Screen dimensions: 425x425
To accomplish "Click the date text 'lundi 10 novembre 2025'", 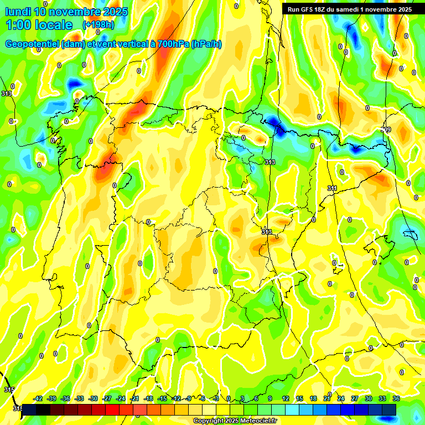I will [x=67, y=12].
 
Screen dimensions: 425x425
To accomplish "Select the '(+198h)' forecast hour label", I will [x=98, y=25].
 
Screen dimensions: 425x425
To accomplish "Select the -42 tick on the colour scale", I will [x=38, y=398].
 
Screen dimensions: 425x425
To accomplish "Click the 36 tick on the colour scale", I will [x=396, y=398].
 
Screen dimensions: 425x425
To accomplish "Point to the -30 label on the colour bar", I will [x=94, y=398].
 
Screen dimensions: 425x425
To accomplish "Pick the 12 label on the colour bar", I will [x=286, y=398].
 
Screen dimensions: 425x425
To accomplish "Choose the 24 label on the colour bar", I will [x=341, y=398].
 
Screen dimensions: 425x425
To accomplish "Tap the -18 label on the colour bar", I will [x=148, y=398].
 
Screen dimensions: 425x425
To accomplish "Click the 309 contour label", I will [x=386, y=129].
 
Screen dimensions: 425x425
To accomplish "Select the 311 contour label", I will [x=332, y=189].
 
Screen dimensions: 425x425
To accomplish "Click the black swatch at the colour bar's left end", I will [x=29, y=409].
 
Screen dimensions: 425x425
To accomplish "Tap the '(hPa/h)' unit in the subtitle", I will [x=206, y=44].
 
